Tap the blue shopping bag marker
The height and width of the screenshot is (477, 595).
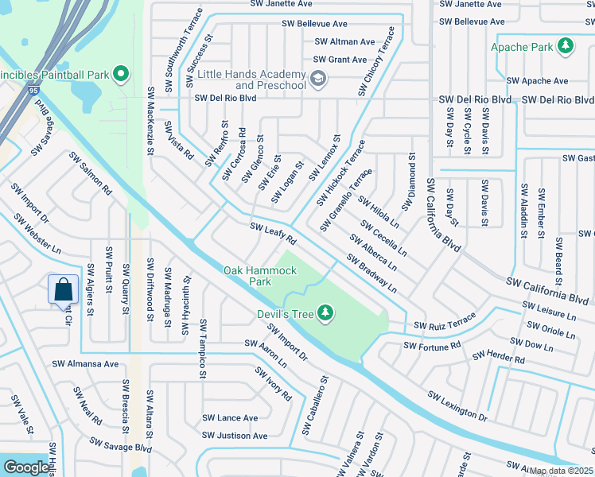click(63, 290)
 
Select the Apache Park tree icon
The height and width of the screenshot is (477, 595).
click(566, 47)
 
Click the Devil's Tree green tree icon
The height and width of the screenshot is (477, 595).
click(325, 314)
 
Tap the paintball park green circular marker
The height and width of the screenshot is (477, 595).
click(121, 76)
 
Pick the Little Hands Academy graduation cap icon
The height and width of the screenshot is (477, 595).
click(318, 78)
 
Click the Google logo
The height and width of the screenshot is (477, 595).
click(26, 467)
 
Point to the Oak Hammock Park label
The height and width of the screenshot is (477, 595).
click(259, 276)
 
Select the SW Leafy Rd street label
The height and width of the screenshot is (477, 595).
click(273, 233)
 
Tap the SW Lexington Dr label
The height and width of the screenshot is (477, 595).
click(457, 405)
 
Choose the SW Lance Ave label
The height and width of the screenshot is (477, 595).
click(230, 417)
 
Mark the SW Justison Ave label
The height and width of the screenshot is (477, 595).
click(235, 436)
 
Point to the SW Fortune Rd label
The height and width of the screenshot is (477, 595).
click(432, 346)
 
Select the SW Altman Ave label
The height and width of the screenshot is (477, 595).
click(344, 41)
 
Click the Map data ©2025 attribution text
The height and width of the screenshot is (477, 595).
click(561, 471)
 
